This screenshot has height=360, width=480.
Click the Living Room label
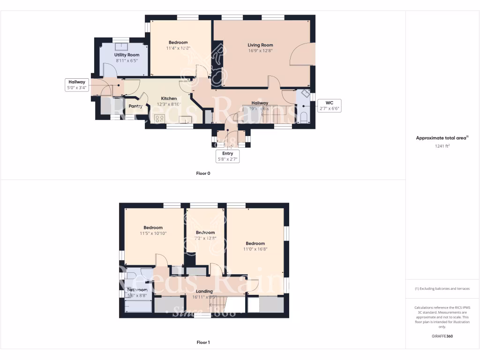click(260, 45)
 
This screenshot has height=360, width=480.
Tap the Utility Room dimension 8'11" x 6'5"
click(127, 60)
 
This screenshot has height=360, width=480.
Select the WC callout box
click(329, 105)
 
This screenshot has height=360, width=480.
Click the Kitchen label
click(169, 98)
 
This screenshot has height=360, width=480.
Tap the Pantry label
click(135, 106)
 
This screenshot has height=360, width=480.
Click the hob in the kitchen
click(160, 119)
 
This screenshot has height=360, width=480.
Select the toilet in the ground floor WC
click(303, 117)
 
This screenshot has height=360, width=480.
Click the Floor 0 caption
click(203, 173)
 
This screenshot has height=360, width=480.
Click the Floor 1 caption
click(203, 343)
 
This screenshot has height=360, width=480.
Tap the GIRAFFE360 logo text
click(442, 336)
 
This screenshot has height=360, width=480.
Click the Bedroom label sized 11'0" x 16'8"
click(255, 243)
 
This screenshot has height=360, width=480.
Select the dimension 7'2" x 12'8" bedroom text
click(205, 238)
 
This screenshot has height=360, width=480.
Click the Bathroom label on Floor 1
click(137, 290)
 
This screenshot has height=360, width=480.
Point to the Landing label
click(204, 291)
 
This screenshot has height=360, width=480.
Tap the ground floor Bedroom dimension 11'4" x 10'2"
click(178, 48)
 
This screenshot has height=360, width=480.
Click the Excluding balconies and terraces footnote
click(442, 289)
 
